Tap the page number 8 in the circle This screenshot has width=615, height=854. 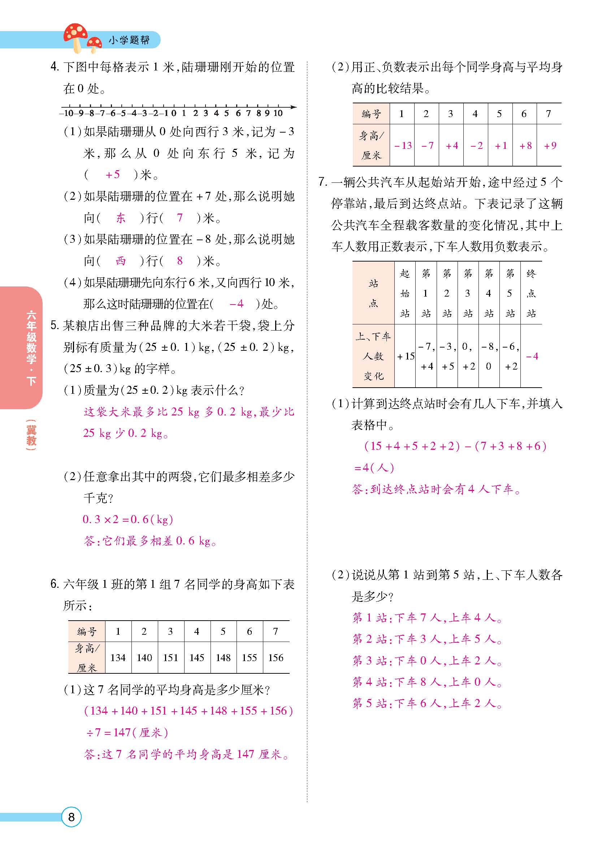71,817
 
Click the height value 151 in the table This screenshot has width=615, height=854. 170,657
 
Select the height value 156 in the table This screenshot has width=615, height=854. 276,657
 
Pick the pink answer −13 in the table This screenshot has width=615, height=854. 402,145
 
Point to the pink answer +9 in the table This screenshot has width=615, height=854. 550,145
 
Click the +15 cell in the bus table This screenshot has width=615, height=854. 405,356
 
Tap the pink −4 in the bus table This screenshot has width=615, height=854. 532,356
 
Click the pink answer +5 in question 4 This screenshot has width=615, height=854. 113,175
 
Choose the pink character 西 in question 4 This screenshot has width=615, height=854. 121,261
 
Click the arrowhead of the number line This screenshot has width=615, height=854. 294,107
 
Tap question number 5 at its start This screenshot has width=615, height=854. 55,326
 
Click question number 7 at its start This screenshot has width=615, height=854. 322,182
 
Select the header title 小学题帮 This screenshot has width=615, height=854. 129,40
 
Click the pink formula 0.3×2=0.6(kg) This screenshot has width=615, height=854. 127,519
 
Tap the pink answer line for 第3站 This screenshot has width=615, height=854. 427,660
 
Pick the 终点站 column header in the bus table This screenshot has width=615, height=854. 531,293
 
